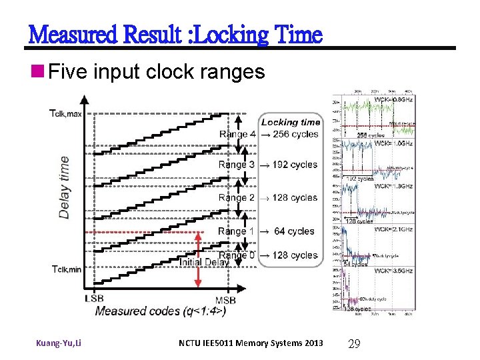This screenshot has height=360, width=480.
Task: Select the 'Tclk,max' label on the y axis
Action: pyautogui.click(x=65, y=113)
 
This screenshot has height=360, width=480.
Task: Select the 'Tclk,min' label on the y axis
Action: pyautogui.click(x=65, y=269)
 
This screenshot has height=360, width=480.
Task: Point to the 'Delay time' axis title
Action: pyautogui.click(x=65, y=187)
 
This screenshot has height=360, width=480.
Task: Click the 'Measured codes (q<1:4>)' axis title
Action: pyautogui.click(x=160, y=311)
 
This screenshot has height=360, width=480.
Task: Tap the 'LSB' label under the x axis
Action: pyautogui.click(x=94, y=299)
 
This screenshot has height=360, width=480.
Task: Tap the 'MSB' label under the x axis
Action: pyautogui.click(x=225, y=299)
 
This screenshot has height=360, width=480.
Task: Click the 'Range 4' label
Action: pyautogui.click(x=237, y=134)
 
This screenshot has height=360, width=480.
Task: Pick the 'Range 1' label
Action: pyautogui.click(x=237, y=231)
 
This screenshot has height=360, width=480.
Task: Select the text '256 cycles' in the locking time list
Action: pyautogui.click(x=295, y=134)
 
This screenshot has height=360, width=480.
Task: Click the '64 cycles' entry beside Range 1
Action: pyautogui.click(x=294, y=231)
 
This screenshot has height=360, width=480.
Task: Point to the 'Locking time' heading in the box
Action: pyautogui.click(x=291, y=122)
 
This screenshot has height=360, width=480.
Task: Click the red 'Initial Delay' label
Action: pyautogui.click(x=204, y=262)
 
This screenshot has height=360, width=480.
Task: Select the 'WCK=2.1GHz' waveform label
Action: pyautogui.click(x=394, y=229)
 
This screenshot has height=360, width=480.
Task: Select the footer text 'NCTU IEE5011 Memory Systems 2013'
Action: pyautogui.click(x=251, y=343)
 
